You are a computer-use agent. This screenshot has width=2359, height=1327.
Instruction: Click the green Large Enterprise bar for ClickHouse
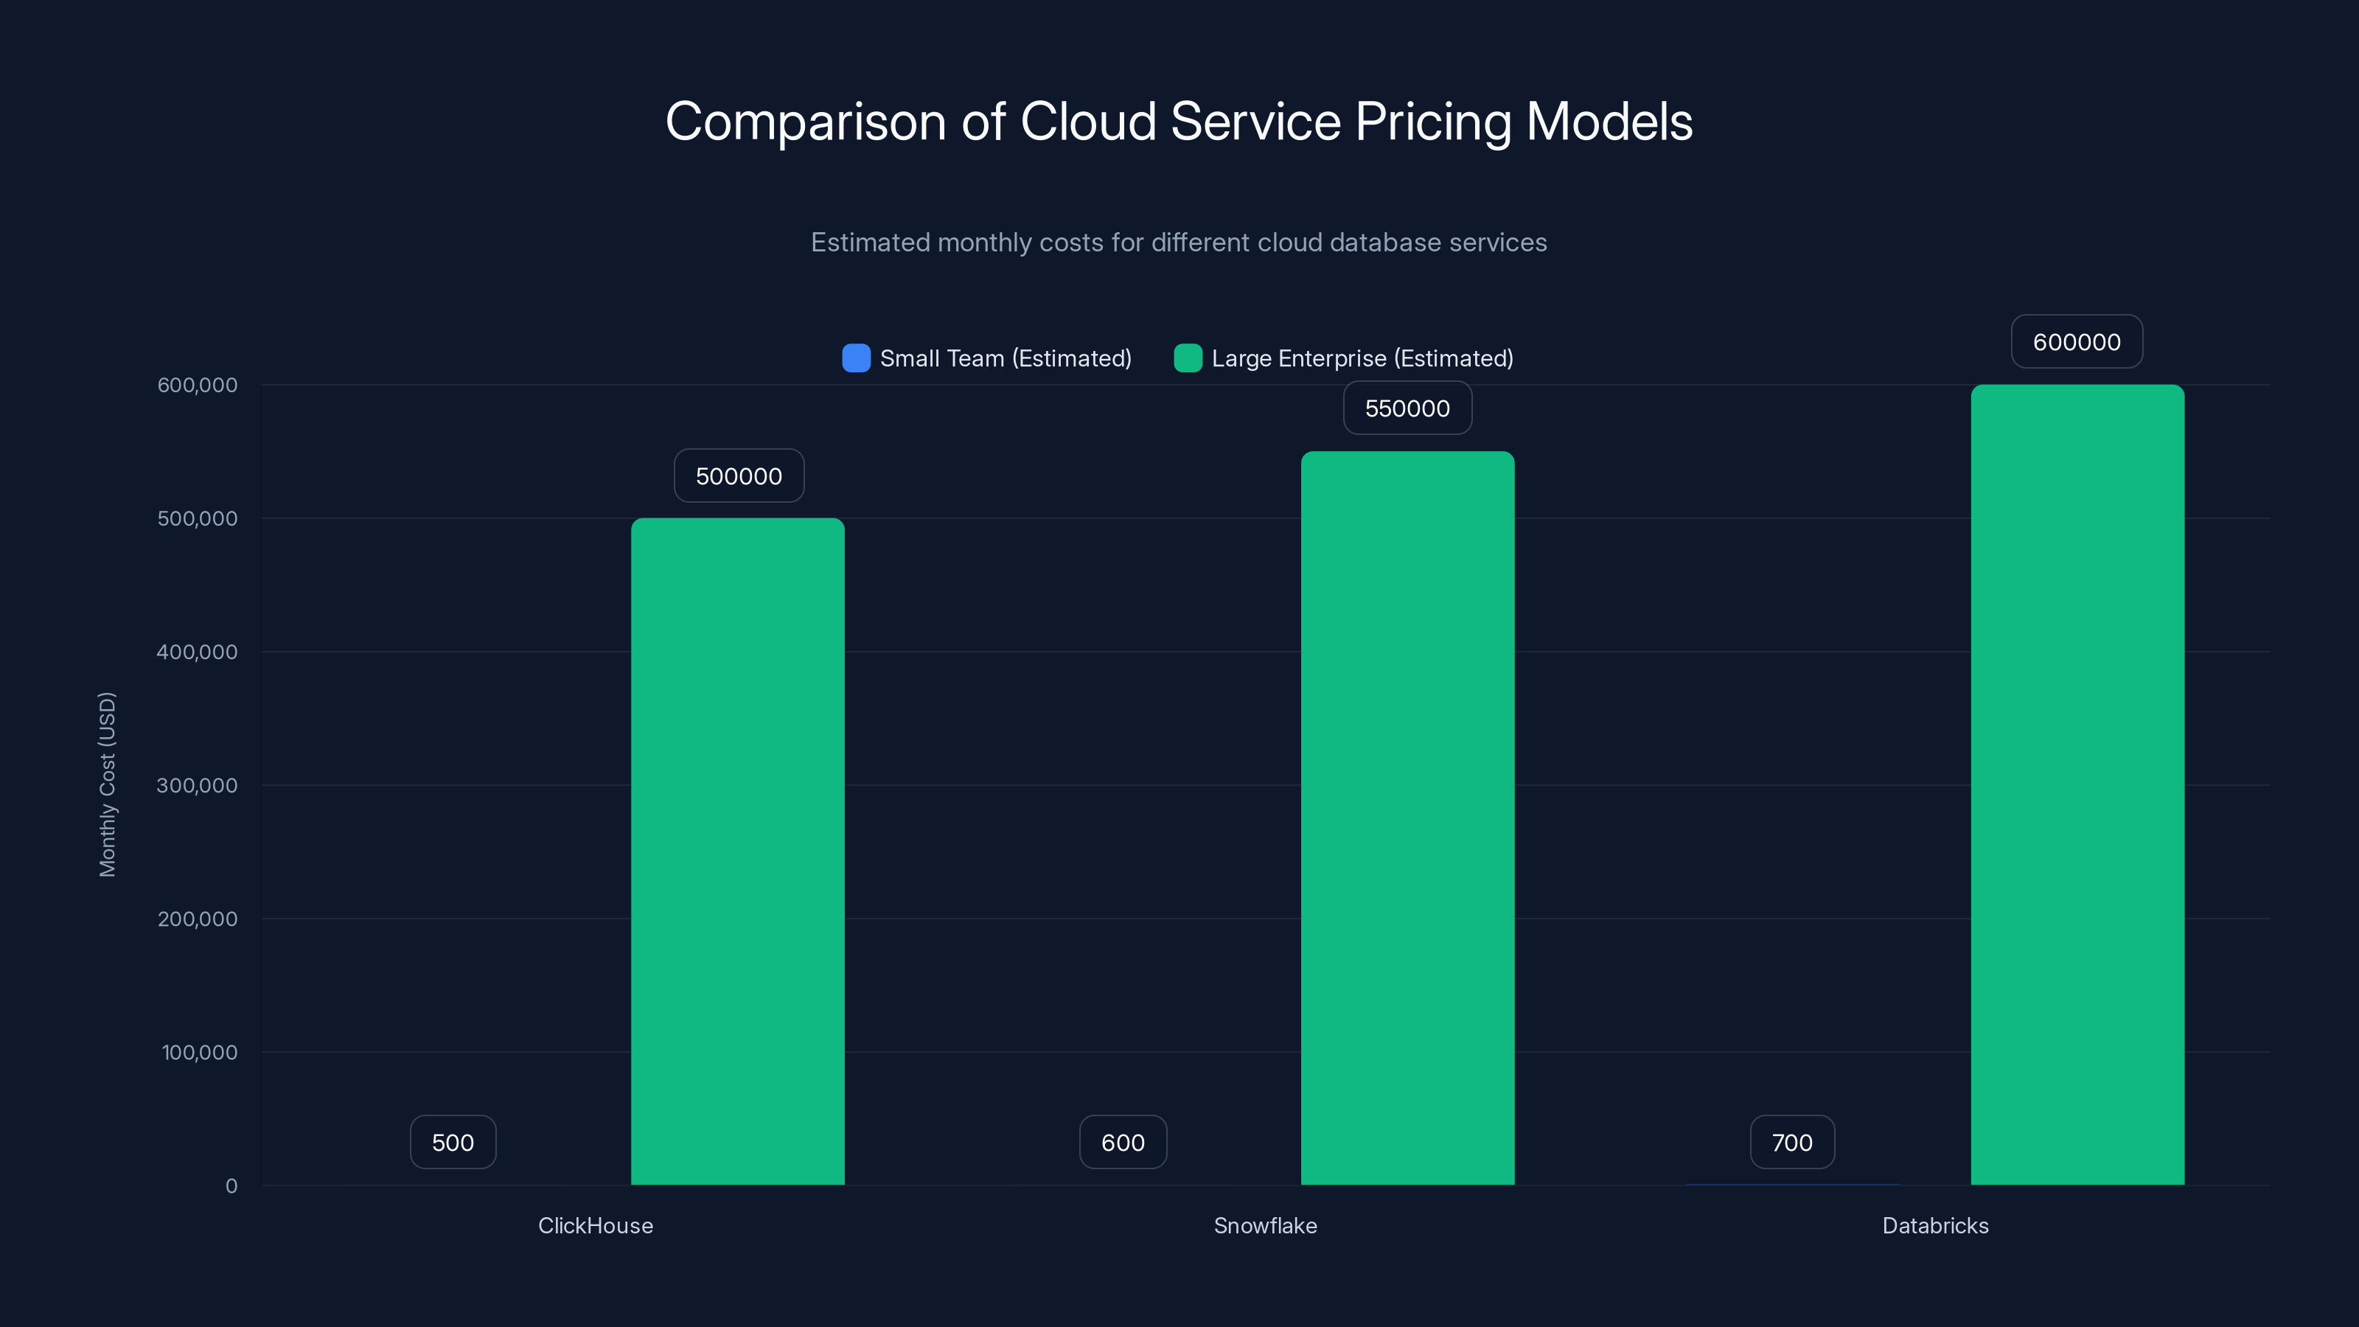point(737,851)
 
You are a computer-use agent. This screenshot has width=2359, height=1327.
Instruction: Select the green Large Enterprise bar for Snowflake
point(1407,818)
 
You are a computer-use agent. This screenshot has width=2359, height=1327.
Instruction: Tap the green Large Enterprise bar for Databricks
point(2077,785)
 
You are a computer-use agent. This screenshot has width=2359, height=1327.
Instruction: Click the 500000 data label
point(739,476)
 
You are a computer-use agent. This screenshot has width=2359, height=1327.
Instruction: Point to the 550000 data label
point(1407,408)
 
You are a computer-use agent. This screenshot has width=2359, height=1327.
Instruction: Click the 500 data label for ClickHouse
point(453,1143)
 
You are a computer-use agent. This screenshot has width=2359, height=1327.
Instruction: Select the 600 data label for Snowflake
point(1123,1143)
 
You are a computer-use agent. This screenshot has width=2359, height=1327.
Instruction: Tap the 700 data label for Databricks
point(1792,1143)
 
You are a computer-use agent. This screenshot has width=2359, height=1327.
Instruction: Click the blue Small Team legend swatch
point(856,358)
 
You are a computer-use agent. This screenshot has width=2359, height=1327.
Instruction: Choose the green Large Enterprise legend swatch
point(1188,358)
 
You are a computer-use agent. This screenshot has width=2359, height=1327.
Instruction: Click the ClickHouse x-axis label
point(595,1225)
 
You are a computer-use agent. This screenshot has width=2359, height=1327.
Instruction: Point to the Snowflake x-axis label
point(1265,1225)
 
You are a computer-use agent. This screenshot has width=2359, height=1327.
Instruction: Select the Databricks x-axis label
point(1935,1225)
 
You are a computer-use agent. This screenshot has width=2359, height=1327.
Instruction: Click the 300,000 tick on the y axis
point(197,786)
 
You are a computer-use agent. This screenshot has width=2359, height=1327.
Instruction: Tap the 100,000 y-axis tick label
point(199,1052)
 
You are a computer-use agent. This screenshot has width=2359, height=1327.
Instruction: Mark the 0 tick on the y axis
point(231,1186)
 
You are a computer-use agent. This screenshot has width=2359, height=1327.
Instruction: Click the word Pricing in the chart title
point(1433,122)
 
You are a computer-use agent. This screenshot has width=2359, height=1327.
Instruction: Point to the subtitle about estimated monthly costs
point(1179,243)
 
